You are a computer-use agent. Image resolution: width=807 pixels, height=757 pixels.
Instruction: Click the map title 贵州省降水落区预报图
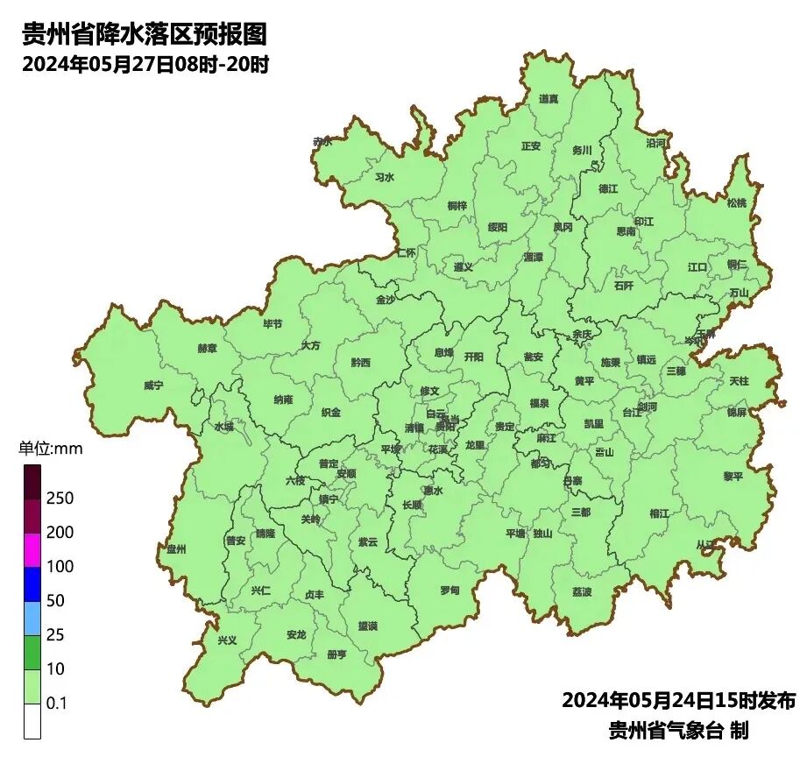pos(144,35)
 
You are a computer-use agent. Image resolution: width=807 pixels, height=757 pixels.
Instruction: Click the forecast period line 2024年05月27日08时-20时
pos(145,64)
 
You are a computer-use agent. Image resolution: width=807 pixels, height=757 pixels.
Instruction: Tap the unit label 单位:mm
pos(50,449)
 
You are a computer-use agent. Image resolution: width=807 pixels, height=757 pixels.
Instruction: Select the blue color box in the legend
pos(32,584)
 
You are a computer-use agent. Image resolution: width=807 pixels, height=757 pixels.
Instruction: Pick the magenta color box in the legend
pos(32,550)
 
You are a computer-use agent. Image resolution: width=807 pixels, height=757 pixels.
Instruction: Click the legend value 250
pos(60,499)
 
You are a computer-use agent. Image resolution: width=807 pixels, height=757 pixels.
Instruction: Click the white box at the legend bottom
pos(32,721)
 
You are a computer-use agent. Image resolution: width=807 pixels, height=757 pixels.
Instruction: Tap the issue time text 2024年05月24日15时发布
pos(678,701)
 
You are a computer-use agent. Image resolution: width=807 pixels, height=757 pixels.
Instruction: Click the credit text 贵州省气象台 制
pos(678,730)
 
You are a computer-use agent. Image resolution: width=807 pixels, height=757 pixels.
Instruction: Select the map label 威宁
pos(153,386)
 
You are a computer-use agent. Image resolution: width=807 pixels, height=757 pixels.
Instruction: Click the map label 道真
pos(549,99)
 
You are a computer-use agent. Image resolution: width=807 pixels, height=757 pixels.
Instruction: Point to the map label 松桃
pos(737,203)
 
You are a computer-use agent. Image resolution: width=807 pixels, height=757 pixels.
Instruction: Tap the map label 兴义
pos(227,640)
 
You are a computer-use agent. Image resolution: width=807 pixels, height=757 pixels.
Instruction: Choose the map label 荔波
pos(582,592)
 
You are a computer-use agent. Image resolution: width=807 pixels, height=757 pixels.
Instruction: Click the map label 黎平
pos(733,476)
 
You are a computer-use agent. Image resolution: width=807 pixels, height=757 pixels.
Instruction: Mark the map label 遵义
pos(464,267)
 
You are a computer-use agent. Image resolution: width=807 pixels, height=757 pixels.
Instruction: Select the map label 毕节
pos(273,324)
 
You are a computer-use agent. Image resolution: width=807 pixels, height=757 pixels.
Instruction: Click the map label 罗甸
pos(450,590)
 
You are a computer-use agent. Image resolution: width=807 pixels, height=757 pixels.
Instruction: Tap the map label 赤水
pos(322,141)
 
